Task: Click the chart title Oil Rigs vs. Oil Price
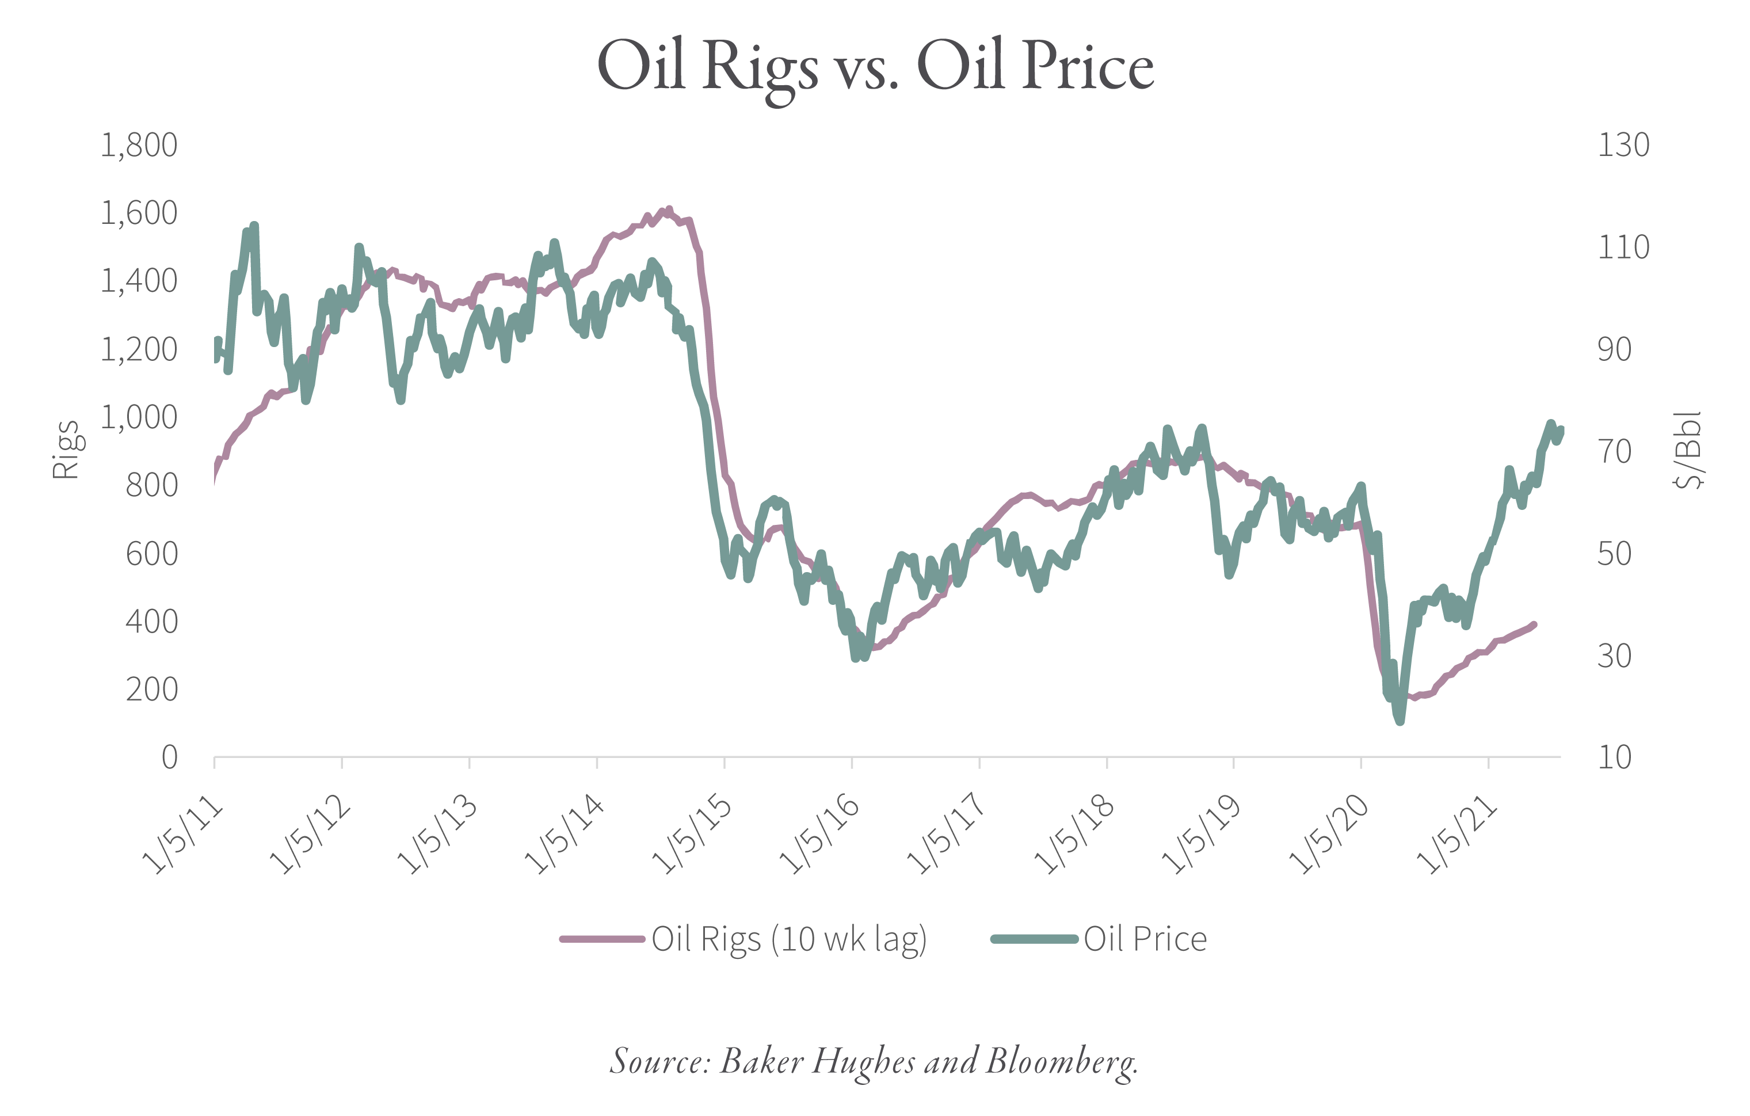875,67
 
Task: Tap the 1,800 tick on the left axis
139,146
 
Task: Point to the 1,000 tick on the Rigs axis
139,417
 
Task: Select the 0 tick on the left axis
169,757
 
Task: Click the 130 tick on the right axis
1623,146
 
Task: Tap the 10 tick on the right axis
1614,757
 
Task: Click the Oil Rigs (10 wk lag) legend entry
788,939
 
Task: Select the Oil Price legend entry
1145,939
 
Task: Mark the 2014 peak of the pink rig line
669,210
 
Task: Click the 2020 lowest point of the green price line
1400,721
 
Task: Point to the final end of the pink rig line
1534,624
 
